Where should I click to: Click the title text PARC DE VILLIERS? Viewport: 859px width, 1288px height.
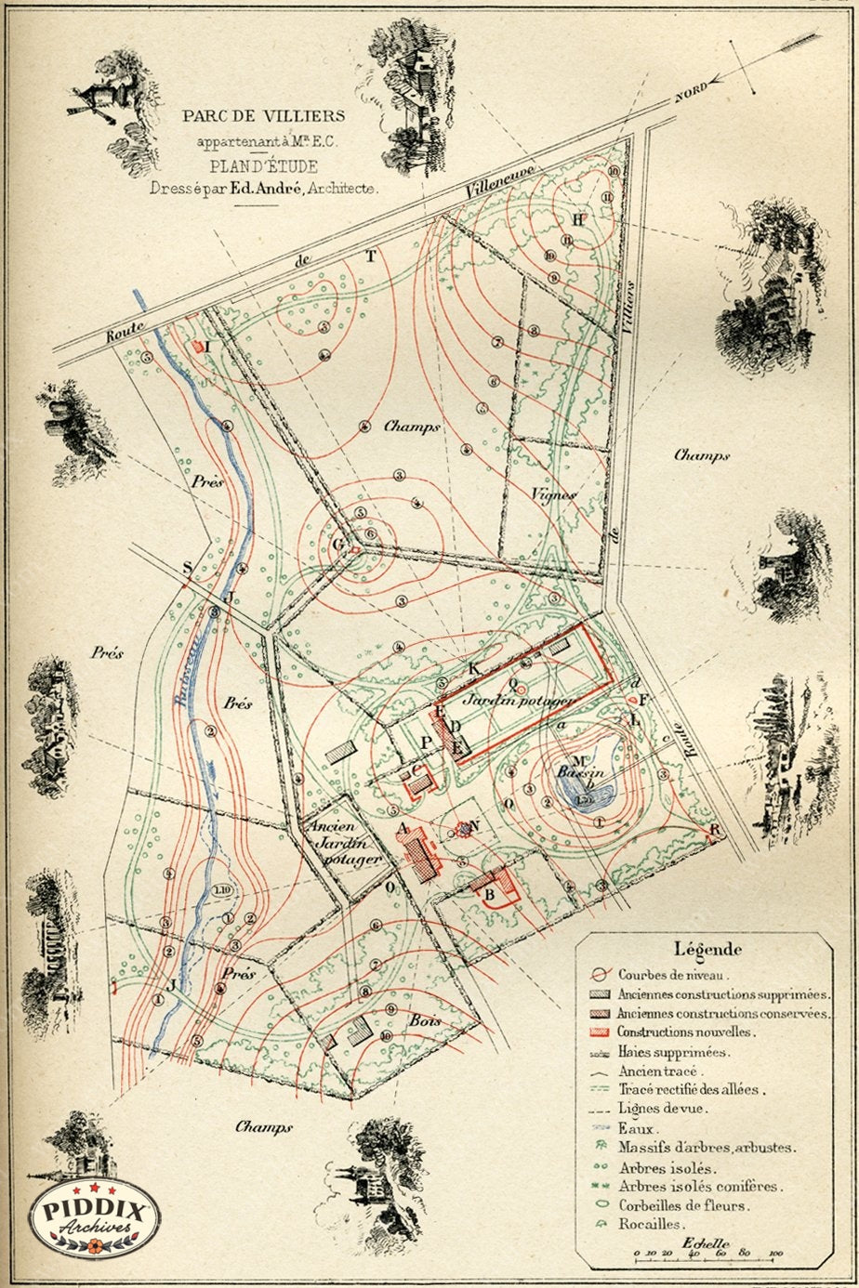[263, 116]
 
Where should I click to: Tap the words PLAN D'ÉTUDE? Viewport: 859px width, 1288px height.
[263, 167]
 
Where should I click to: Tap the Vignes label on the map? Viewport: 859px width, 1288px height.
[554, 494]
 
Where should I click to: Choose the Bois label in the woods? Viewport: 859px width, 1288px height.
[423, 1020]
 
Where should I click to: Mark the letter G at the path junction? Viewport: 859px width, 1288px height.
[337, 545]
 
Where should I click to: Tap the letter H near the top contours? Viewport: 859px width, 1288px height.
[577, 219]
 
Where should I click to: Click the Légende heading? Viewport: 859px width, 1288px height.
[707, 950]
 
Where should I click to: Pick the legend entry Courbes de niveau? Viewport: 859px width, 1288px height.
[680, 974]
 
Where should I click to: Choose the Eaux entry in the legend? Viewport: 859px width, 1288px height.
[636, 1128]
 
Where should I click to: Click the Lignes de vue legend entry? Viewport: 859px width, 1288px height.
[662, 1108]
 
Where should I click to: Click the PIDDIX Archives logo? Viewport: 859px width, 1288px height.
[94, 1216]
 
